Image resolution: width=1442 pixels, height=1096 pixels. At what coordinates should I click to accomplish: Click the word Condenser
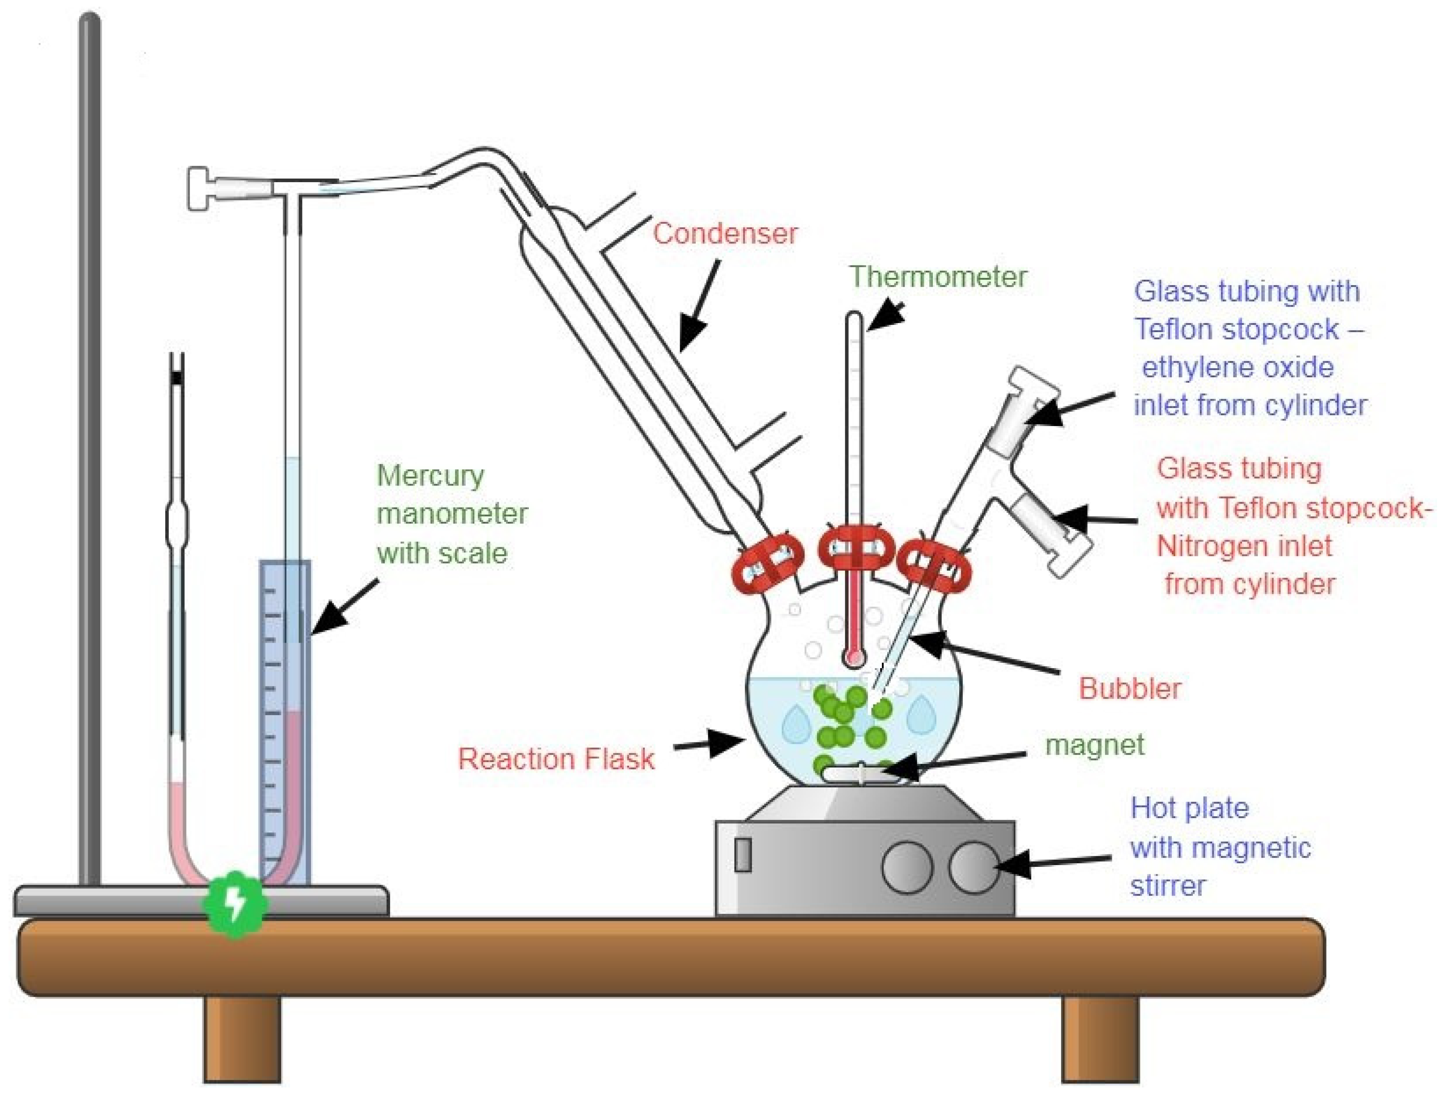pos(725,234)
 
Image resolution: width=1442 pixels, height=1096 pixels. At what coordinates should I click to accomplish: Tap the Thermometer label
pos(937,277)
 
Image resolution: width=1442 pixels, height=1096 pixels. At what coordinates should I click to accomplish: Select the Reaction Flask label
pos(556,759)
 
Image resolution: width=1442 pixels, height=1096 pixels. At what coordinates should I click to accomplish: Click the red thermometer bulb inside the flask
pos(853,657)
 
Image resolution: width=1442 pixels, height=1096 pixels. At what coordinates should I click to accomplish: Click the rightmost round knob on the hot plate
pos(974,867)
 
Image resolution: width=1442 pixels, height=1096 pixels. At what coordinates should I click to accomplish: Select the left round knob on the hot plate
pos(906,867)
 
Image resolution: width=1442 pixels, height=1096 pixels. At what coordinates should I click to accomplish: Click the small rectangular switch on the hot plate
pos(742,855)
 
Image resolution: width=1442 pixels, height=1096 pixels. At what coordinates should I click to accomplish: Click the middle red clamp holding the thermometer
pos(856,547)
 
